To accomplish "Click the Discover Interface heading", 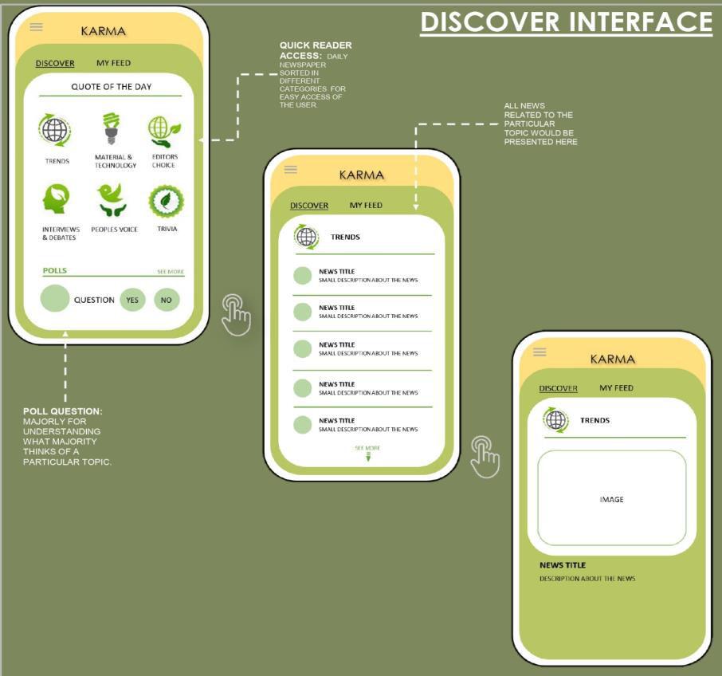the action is click(x=566, y=22).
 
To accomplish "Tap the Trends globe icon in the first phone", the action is click(x=56, y=130).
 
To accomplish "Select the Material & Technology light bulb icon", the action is click(x=112, y=129).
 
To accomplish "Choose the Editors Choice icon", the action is click(x=164, y=129).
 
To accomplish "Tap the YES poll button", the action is click(x=132, y=300).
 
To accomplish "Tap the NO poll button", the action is click(x=167, y=300).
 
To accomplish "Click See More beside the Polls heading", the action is click(x=171, y=272).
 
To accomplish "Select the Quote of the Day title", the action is click(x=112, y=86).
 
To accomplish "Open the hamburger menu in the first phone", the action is click(x=36, y=26).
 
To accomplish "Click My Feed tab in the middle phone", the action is click(x=366, y=205).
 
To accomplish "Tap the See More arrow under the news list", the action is click(x=367, y=455).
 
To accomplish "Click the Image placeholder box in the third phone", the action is click(x=611, y=498).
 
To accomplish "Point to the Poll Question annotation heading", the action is click(x=63, y=411).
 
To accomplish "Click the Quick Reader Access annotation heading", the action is click(x=316, y=50).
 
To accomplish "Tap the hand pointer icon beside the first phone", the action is click(x=236, y=314).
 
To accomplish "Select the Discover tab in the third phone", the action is click(x=558, y=388).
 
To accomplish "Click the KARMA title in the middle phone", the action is click(x=361, y=175).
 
